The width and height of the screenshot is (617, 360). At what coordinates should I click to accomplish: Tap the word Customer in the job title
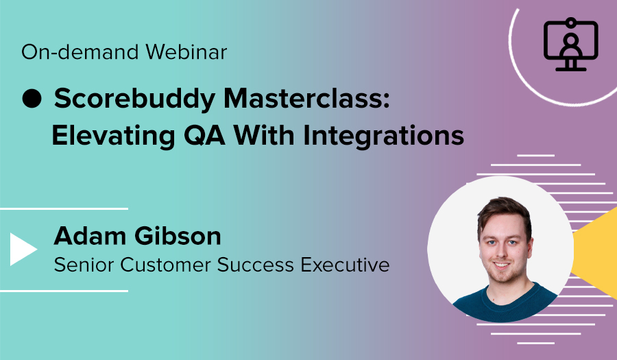click(159, 265)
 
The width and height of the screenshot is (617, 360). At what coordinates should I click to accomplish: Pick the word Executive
click(350, 265)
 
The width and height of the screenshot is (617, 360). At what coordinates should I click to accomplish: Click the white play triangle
click(23, 249)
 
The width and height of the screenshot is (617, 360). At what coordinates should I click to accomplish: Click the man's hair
click(503, 209)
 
